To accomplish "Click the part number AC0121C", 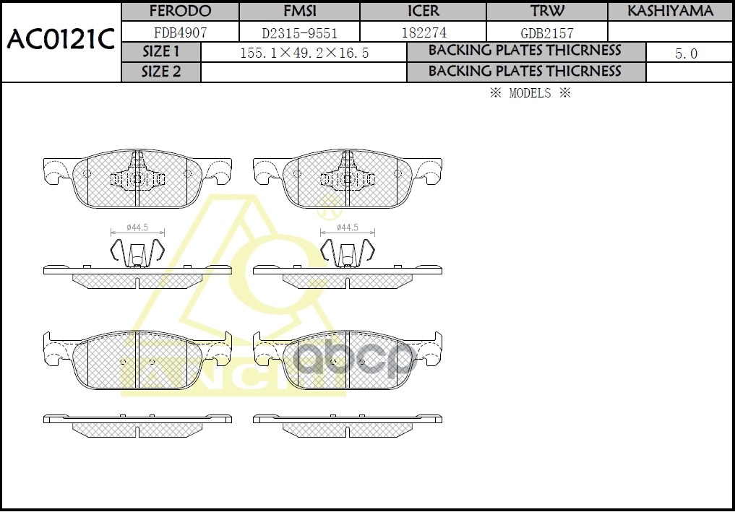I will pos(61,40).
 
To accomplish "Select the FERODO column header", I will pos(180,12).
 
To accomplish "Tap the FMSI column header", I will pos(298,12).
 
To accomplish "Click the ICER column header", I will pos(423,12).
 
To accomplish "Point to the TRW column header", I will pos(547,12).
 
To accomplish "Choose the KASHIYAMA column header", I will pos(670,12).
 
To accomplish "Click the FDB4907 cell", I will pos(180,32).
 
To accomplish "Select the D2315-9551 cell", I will pos(298,32).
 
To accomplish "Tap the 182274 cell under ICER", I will pos(423,32).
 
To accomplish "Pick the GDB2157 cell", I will pos(547,32).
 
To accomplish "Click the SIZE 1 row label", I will pos(161,52).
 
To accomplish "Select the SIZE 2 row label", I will pos(161,71).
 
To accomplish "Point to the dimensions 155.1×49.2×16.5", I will pos(304,53).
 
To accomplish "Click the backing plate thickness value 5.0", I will pos(686,53).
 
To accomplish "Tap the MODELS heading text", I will pos(530,93).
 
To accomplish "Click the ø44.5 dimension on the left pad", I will pos(137,227).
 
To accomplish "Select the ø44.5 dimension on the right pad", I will pos(347,227).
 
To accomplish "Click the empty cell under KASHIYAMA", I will pos(670,32).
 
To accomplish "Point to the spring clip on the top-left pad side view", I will pos(137,251).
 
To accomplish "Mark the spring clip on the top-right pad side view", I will pos(347,251).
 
